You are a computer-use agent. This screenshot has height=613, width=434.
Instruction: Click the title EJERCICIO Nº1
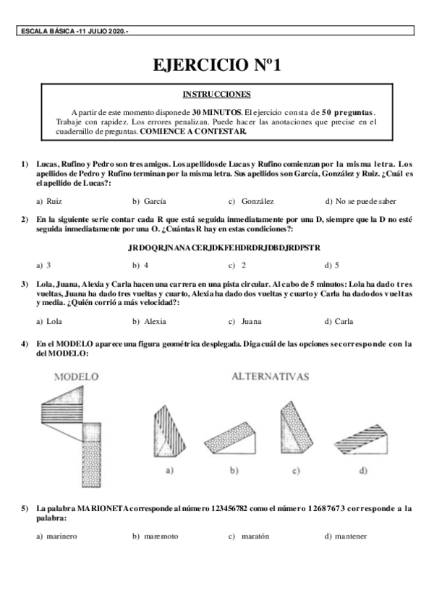216,66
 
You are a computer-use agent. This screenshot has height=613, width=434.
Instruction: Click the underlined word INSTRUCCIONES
216,94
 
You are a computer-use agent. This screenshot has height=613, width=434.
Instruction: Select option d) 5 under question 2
332,265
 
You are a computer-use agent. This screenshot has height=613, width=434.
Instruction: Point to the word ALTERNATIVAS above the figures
270,377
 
